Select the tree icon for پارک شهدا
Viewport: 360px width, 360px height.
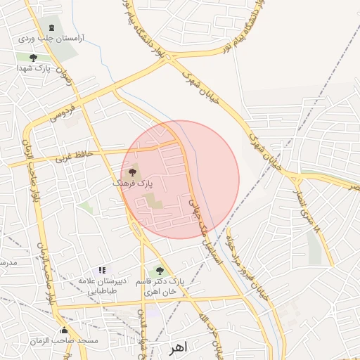33,58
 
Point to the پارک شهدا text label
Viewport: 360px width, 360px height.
33,69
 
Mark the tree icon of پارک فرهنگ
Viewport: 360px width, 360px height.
133,171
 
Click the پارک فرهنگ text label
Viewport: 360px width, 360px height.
132,183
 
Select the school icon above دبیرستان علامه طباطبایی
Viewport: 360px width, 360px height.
102,270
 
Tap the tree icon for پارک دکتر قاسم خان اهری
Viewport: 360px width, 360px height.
160,270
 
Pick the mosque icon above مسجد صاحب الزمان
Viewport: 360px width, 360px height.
65,330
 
